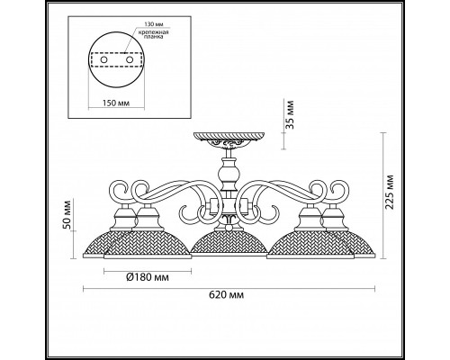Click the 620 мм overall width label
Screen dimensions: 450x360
coord(226,295)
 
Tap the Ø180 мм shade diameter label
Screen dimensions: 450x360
coord(148,277)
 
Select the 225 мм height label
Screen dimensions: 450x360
coord(389,192)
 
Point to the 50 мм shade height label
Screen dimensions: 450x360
coord(67,215)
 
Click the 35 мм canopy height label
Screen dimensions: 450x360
coord(290,114)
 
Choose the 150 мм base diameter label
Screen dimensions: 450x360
coord(116,103)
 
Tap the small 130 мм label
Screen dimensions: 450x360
coord(154,24)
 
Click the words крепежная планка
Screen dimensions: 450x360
coord(153,34)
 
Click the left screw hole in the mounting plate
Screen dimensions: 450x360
coord(103,60)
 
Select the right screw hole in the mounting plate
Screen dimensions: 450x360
coord(130,60)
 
